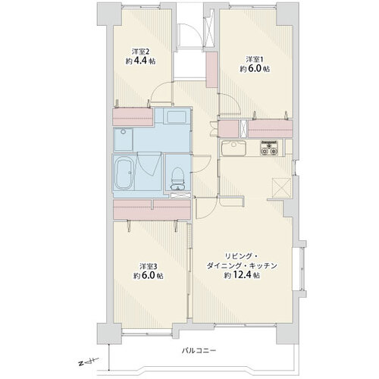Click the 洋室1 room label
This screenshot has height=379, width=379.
coord(255,59)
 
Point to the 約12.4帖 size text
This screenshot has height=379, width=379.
coord(242,275)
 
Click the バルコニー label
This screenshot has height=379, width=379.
coord(199,351)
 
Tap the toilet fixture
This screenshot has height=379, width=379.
coord(177,179)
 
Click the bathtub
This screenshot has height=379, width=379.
coord(124,174)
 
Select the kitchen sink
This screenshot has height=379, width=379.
coord(233,147)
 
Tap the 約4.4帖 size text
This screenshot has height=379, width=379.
coord(140,61)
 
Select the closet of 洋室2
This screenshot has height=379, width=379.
coord(133,117)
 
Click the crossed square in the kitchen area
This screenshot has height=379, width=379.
coord(281,187)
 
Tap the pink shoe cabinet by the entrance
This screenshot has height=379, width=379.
coord(211,70)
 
